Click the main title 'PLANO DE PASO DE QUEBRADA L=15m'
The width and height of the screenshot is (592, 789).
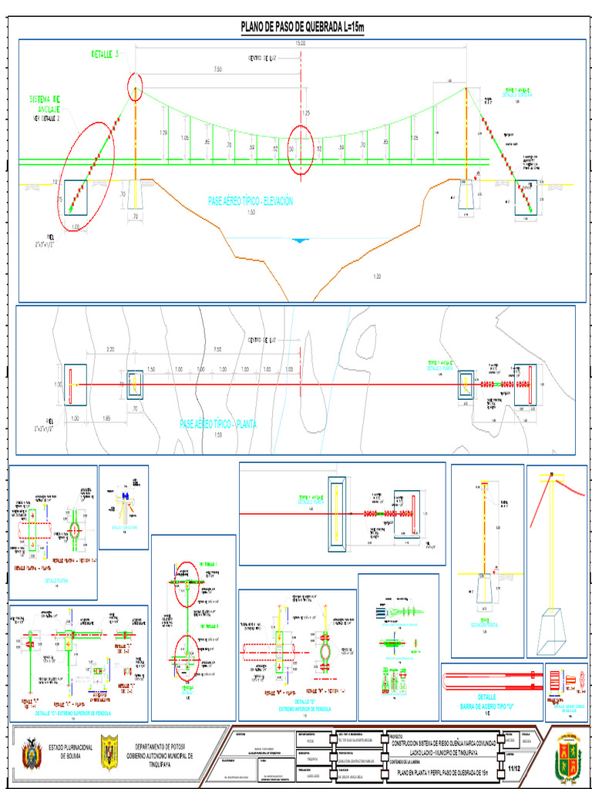click(301, 29)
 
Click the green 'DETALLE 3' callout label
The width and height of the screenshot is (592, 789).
click(106, 55)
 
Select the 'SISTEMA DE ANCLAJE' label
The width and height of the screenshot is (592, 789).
click(46, 103)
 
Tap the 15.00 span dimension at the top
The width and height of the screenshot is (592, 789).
click(300, 44)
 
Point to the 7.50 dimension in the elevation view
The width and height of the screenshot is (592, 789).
click(218, 69)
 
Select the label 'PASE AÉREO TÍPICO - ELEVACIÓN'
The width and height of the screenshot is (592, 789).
click(251, 201)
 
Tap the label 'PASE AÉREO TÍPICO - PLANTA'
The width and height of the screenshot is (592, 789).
click(218, 424)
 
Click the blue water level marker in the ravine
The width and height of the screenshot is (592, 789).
click(300, 240)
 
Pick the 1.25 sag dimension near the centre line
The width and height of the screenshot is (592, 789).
click(306, 113)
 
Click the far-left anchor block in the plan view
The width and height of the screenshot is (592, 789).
click(76, 384)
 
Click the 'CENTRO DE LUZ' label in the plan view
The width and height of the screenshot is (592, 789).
click(261, 340)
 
